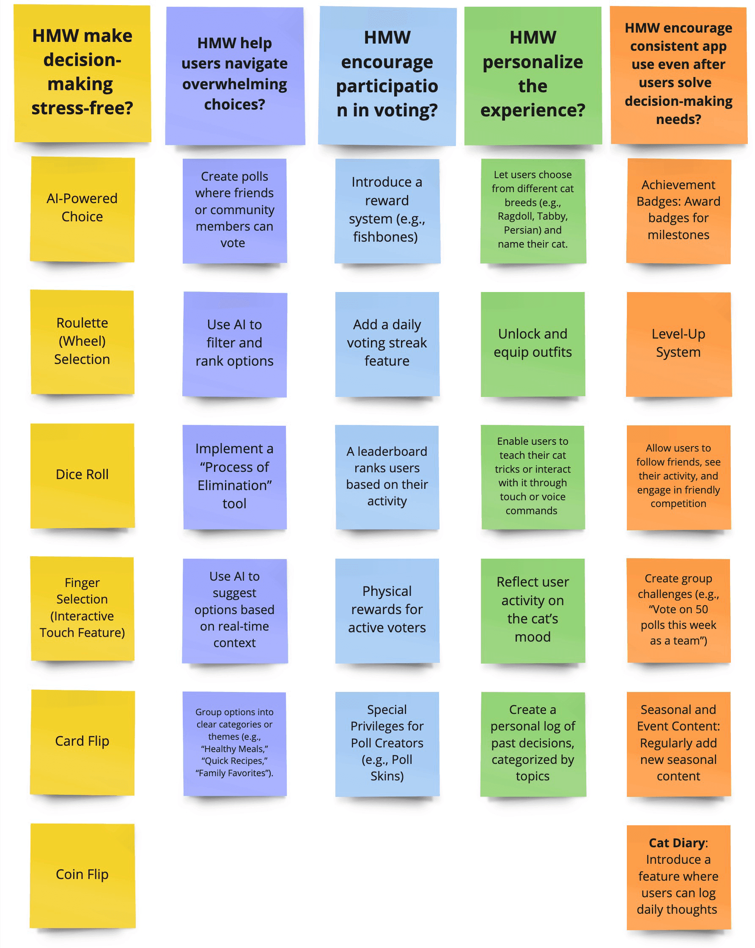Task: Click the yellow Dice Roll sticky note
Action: pyautogui.click(x=82, y=475)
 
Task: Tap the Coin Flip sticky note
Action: pyautogui.click(x=82, y=875)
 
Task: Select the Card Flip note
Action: pyautogui.click(x=82, y=742)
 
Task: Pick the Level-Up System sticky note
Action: pyautogui.click(x=678, y=343)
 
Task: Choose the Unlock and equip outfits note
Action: pyautogui.click(x=533, y=343)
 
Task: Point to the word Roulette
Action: pyautogui.click(x=82, y=323)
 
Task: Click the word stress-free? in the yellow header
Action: pyautogui.click(x=82, y=108)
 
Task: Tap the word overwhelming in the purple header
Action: pyautogui.click(x=235, y=84)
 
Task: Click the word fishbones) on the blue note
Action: pyautogui.click(x=385, y=237)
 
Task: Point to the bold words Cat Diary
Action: pyautogui.click(x=677, y=843)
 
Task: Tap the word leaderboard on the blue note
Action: pyautogui.click(x=392, y=452)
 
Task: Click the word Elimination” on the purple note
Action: pyautogui.click(x=235, y=485)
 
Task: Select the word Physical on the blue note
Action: pyautogui.click(x=387, y=591)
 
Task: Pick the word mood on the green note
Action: pyautogui.click(x=533, y=637)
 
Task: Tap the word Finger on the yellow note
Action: pyautogui.click(x=82, y=583)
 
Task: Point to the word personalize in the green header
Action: pyautogui.click(x=533, y=62)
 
